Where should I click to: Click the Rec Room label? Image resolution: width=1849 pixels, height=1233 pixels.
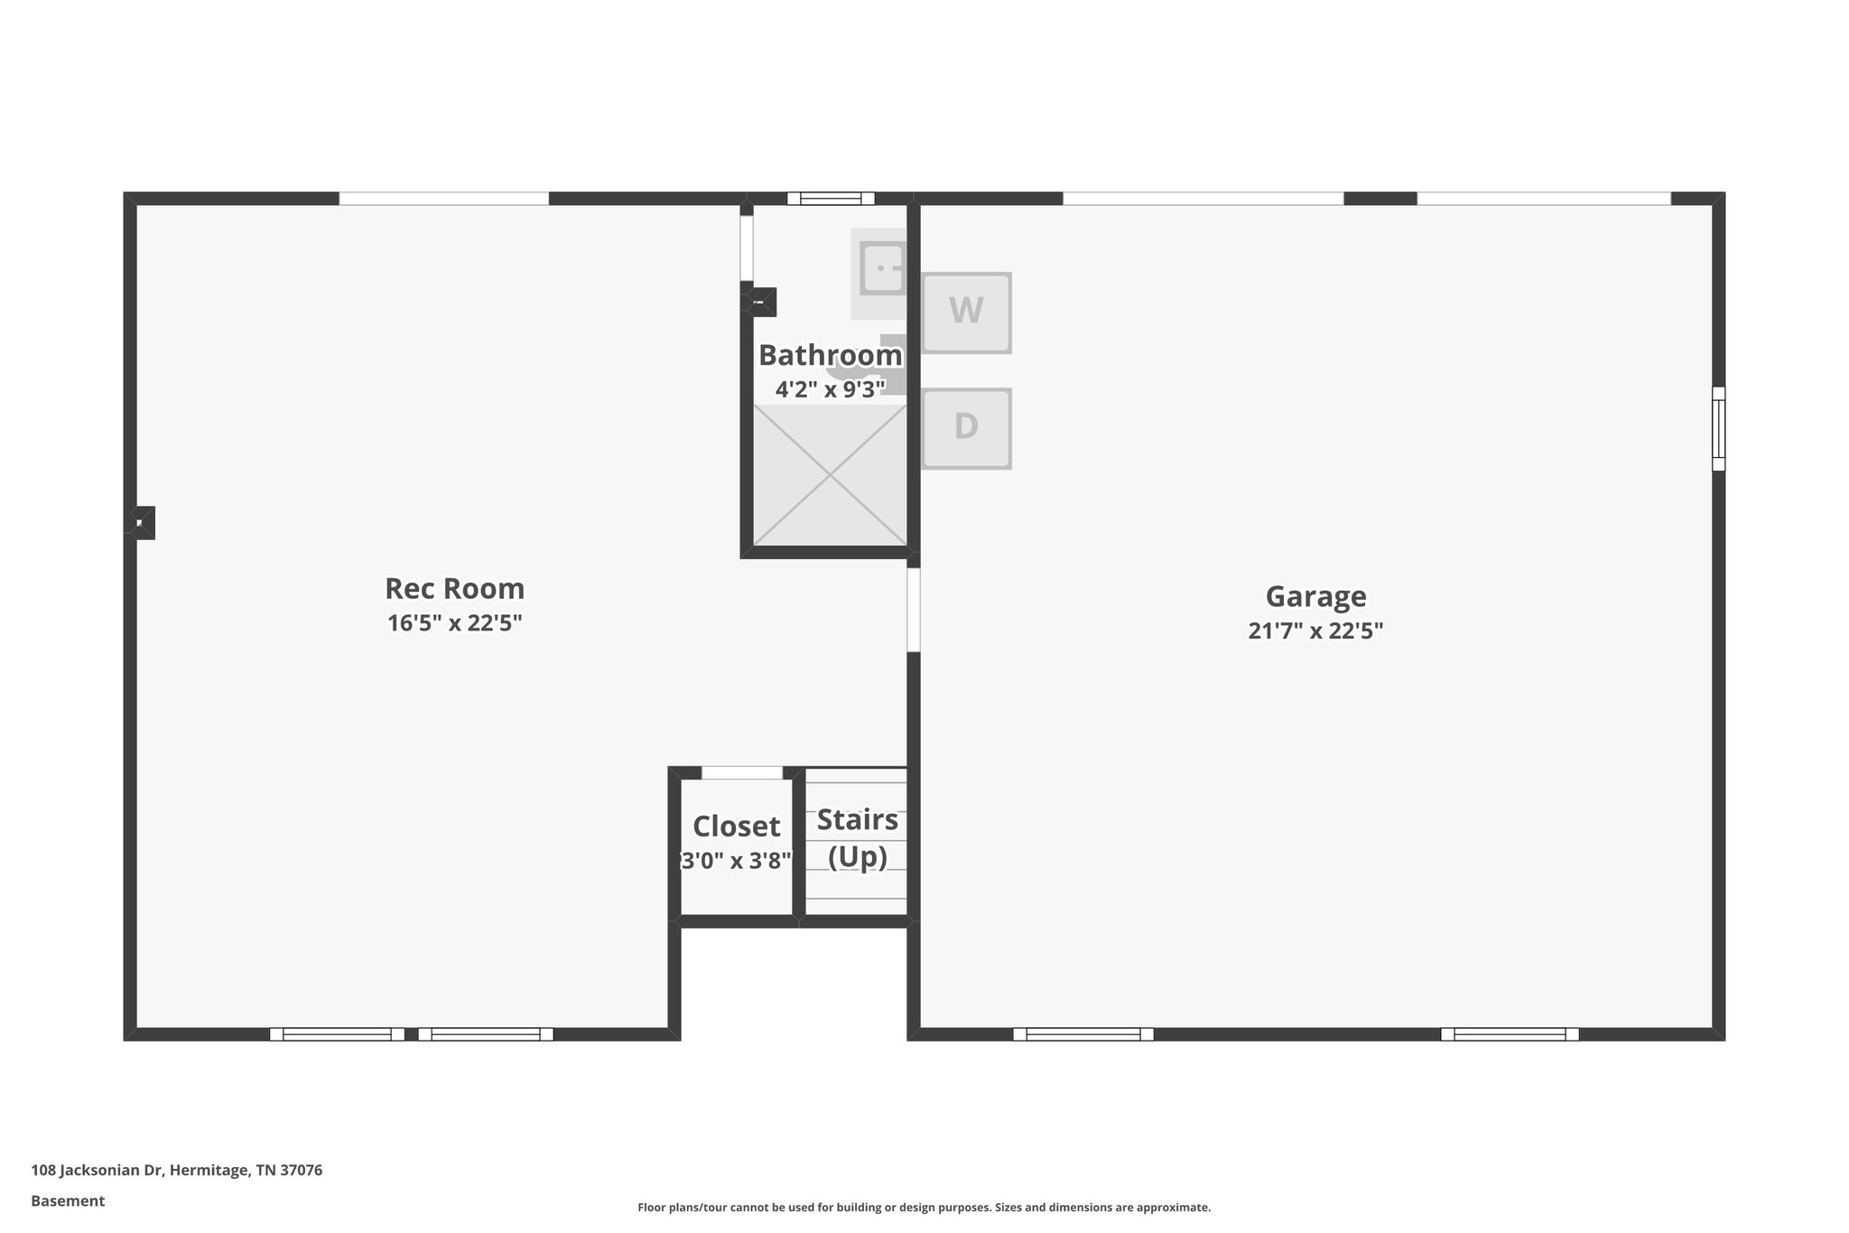pos(454,589)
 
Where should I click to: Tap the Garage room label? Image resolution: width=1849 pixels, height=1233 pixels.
pos(1315,596)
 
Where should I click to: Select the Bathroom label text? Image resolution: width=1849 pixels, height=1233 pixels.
pos(830,355)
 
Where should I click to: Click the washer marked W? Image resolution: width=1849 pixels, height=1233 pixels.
pos(966,312)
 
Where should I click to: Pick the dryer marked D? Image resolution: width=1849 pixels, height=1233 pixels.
pos(966,428)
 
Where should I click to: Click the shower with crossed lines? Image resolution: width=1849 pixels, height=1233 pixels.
pos(830,475)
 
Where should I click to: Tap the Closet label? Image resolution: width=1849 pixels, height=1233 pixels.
pos(736,827)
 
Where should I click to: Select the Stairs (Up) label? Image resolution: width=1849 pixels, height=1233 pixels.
pos(857,837)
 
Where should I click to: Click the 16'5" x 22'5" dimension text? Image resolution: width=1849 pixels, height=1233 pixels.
pos(454,623)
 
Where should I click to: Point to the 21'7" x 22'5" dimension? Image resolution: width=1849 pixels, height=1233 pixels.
pos(1315,631)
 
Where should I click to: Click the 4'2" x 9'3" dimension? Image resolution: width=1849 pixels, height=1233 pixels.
pos(830,389)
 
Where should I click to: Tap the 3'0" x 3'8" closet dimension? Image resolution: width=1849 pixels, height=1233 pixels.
pos(736,861)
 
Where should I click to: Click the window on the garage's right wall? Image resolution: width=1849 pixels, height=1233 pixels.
pos(1718,429)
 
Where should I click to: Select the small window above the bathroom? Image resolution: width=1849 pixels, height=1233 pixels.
pos(831,199)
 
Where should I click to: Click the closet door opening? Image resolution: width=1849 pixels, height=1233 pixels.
pos(742,773)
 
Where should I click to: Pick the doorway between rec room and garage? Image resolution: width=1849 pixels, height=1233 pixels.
pos(913,610)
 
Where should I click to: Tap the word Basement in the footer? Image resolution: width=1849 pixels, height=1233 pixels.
pos(68,1201)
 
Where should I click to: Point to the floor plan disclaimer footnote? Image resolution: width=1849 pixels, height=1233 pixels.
pos(924,1207)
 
